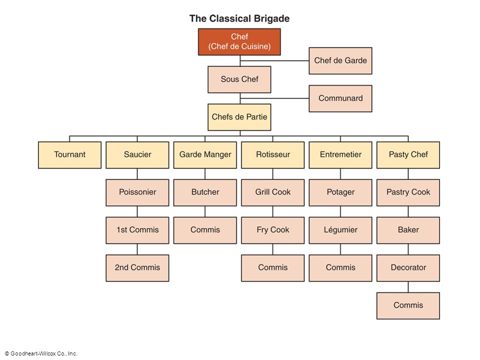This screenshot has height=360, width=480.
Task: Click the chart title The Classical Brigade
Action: tap(239, 18)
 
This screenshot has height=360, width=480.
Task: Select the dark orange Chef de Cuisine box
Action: tap(239, 42)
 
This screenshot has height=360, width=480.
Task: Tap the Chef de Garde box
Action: tap(340, 60)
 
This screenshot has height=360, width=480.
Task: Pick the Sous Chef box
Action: tap(239, 79)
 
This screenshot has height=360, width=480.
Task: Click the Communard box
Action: tap(340, 98)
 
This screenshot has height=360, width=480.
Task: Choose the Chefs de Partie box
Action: tap(239, 117)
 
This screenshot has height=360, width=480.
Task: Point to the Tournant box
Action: tap(70, 155)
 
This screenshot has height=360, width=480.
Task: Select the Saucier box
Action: tap(137, 155)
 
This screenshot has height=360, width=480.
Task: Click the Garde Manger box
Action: tap(205, 155)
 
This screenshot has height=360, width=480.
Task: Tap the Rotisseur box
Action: tap(273, 155)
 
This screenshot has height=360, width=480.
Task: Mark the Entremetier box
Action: tap(340, 155)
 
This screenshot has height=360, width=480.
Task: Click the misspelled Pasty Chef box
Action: tap(408, 155)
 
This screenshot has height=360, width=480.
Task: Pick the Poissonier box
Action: tap(137, 192)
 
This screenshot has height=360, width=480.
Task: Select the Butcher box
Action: tap(205, 192)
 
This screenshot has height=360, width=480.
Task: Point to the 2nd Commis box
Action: tap(137, 268)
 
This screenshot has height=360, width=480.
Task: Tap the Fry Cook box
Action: tap(273, 230)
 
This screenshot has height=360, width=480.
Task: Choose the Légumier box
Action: tap(340, 230)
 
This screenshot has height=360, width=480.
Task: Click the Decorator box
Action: tap(408, 268)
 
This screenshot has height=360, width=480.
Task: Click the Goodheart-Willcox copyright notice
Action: tap(41, 353)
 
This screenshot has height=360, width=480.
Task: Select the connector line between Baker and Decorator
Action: tap(408, 249)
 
